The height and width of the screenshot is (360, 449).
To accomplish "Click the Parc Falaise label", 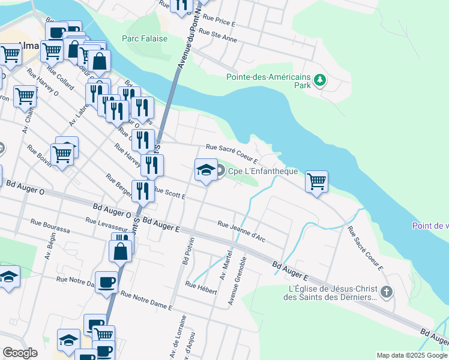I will [x=144, y=38].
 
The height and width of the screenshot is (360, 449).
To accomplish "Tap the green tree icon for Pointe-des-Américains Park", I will [x=321, y=79].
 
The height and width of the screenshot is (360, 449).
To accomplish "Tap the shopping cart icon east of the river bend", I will [x=316, y=181].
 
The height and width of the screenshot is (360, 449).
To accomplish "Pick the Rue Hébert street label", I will [x=201, y=287].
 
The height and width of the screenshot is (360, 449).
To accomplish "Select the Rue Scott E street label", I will [x=169, y=193].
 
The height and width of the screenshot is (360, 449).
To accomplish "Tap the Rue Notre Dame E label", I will [x=146, y=301].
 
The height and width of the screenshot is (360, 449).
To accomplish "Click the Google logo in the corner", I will [x=20, y=353].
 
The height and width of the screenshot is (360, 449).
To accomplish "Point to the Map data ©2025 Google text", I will [x=411, y=355].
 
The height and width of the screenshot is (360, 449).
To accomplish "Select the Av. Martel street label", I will [x=227, y=268].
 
